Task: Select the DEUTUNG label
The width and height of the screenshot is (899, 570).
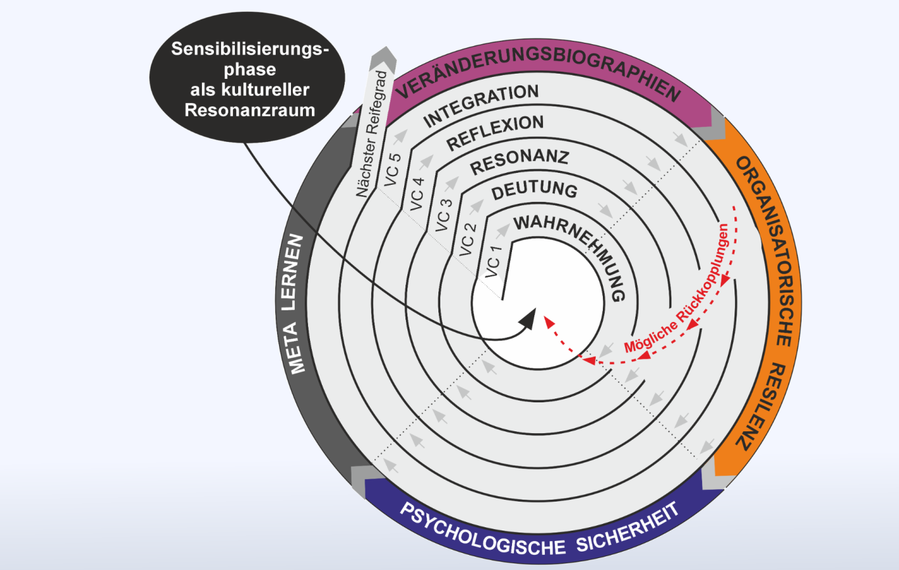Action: pyautogui.click(x=534, y=191)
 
